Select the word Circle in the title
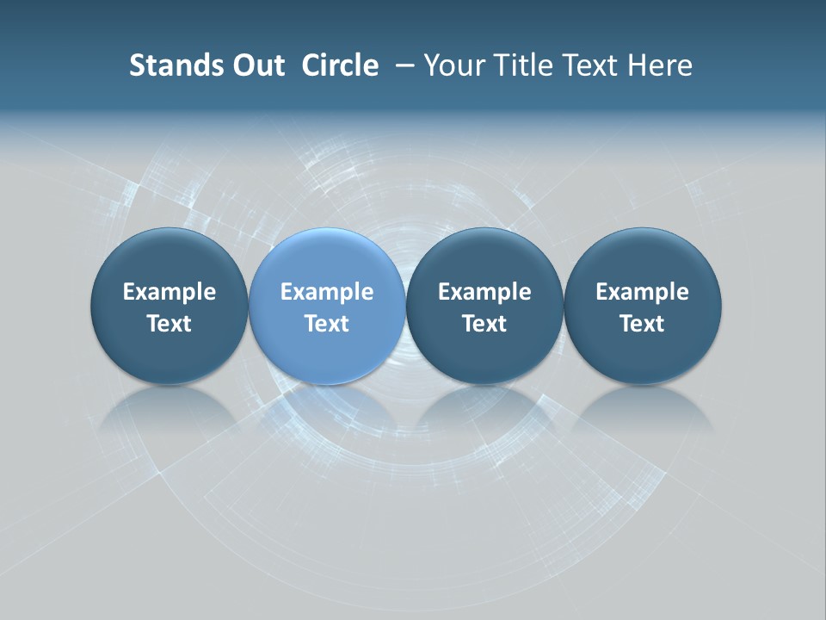[x=340, y=65]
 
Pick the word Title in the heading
[x=523, y=65]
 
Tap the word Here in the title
[x=659, y=65]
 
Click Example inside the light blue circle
[x=327, y=292]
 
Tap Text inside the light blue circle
[x=327, y=324]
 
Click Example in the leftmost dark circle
[x=170, y=292]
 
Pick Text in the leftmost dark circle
[x=170, y=324]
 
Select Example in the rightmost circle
[x=642, y=292]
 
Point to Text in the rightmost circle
[x=642, y=324]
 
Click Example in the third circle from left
[x=484, y=292]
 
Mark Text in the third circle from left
[x=484, y=324]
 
